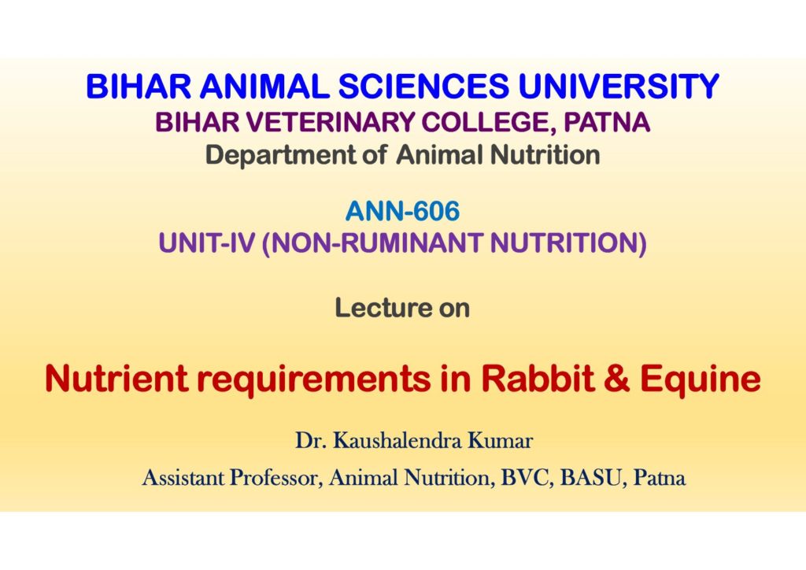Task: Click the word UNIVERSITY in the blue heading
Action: tap(619, 86)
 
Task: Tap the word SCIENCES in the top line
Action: tap(423, 86)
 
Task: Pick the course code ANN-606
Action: tap(402, 211)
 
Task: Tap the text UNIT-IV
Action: tap(207, 242)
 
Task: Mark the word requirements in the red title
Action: tap(314, 379)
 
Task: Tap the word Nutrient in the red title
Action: tap(116, 378)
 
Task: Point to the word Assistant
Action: tap(183, 477)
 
